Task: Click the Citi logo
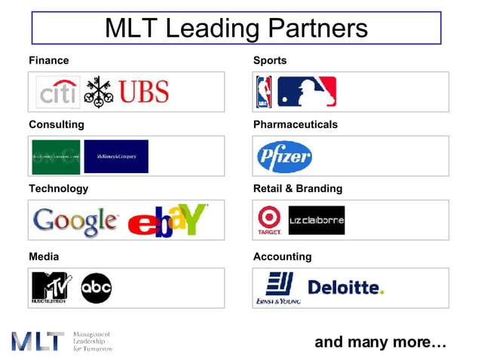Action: [x=58, y=92]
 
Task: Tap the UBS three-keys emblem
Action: [x=98, y=92]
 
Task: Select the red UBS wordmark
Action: [x=143, y=92]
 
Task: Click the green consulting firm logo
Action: [x=56, y=156]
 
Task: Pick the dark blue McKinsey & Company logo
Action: [x=116, y=156]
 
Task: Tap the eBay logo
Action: [x=167, y=221]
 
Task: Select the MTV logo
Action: [x=51, y=287]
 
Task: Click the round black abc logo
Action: [x=97, y=288]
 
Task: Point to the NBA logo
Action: [x=264, y=92]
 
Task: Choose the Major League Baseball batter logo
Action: [x=306, y=92]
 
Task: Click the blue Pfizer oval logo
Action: [x=284, y=157]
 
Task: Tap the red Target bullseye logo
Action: [x=269, y=220]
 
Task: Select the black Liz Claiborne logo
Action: [x=317, y=220]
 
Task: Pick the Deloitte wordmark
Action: [x=345, y=288]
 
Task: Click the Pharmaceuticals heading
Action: [x=296, y=124]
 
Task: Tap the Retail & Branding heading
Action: [x=298, y=188]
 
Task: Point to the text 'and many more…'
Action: [x=381, y=342]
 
